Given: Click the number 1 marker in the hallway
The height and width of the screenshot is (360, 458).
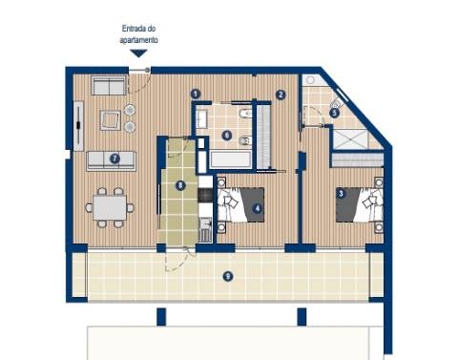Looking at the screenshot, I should tap(195, 94).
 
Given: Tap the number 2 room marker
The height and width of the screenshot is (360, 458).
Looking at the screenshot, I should tap(281, 95).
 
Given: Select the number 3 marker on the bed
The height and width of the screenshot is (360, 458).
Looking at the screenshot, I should tap(341, 195).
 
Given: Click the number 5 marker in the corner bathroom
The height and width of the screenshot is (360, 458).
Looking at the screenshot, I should tap(334, 112).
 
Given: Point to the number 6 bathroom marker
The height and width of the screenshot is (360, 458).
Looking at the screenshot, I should tap(226, 136).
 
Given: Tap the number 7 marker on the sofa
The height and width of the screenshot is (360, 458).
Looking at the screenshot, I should tap(114, 159).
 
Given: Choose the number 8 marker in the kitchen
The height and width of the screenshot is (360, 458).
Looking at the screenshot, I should tap(180, 185).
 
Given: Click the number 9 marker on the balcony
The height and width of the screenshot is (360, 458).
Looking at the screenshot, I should tap(227, 276).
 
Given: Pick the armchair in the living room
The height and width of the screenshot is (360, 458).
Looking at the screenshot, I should tap(110, 120).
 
